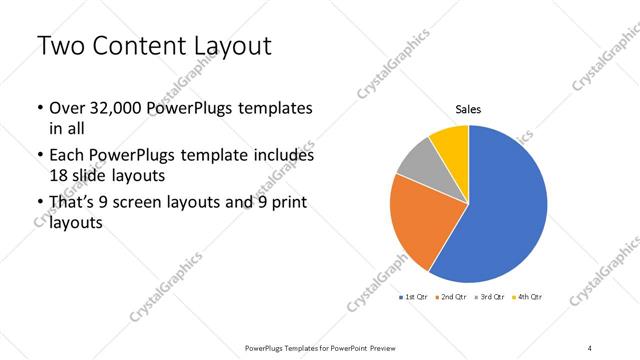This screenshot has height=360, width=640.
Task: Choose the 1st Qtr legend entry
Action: (414, 297)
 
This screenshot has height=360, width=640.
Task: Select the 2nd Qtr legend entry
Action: (452, 297)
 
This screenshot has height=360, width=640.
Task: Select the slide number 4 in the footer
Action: (589, 347)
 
